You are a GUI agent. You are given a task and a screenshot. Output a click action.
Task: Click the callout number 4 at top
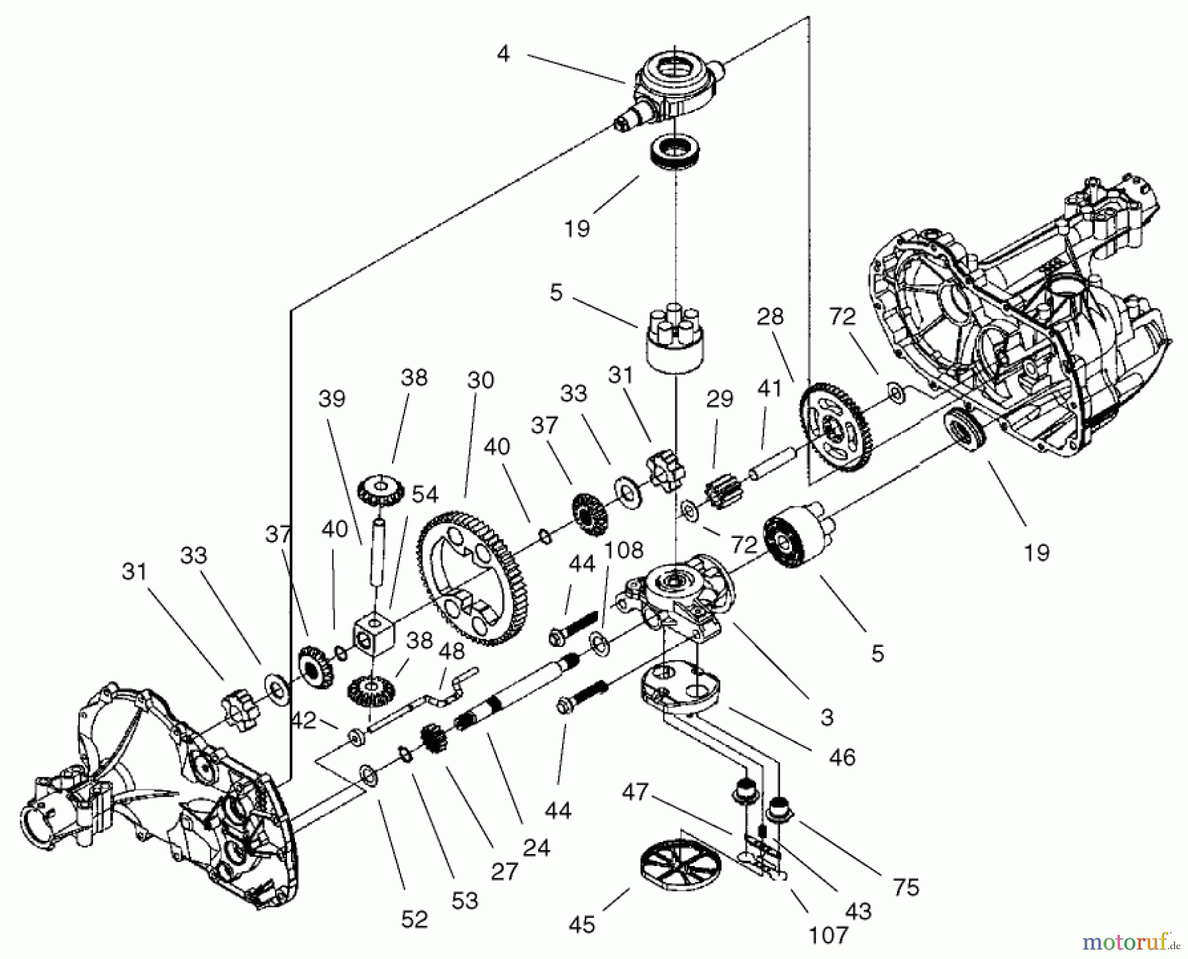(x=503, y=54)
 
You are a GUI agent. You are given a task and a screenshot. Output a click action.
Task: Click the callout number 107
(x=829, y=934)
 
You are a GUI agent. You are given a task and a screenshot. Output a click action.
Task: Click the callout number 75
(x=906, y=887)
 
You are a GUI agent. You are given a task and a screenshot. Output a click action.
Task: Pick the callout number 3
(x=828, y=717)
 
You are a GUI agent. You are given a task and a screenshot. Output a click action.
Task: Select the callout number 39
(x=331, y=399)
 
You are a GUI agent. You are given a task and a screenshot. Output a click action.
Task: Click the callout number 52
(x=414, y=918)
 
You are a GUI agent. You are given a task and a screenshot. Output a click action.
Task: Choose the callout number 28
(x=770, y=317)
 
